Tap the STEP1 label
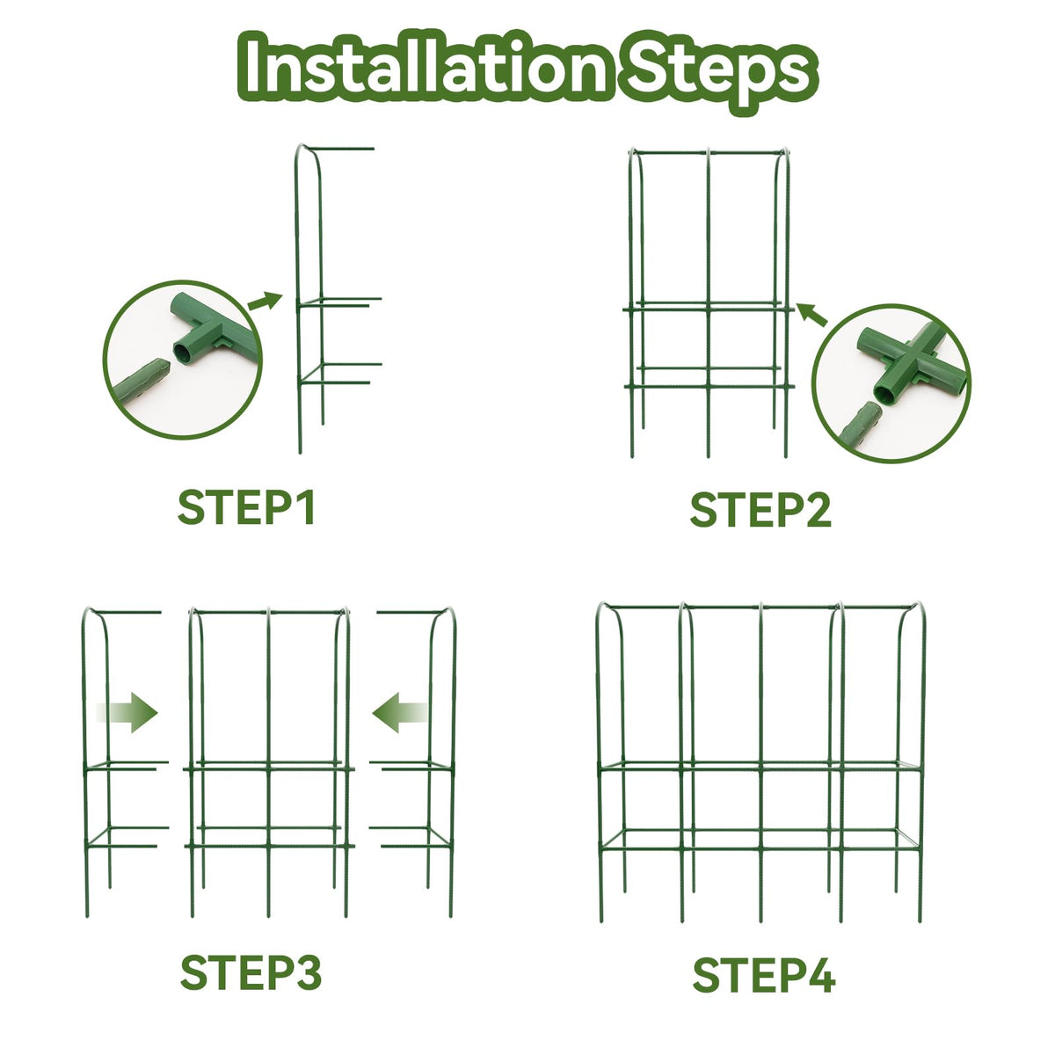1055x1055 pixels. coord(246,507)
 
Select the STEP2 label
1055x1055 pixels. coord(760,509)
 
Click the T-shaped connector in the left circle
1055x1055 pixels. coord(211,329)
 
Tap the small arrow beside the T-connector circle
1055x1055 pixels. coord(265,301)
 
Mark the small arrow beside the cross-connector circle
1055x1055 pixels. coord(811,315)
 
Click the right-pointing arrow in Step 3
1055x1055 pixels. coord(127,713)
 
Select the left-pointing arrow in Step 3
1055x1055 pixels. coord(400,713)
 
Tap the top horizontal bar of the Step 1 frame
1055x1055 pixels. coord(338,149)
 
